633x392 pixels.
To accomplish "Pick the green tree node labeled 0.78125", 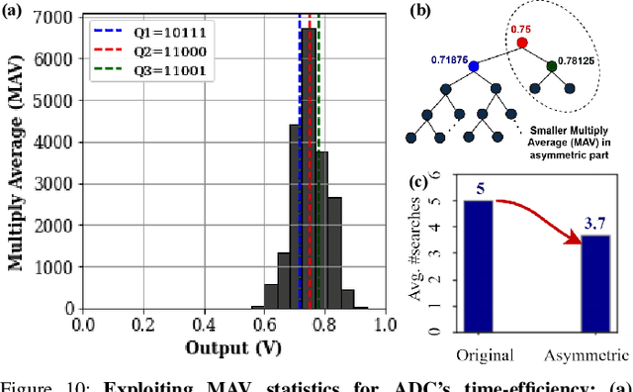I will pos(551,66).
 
